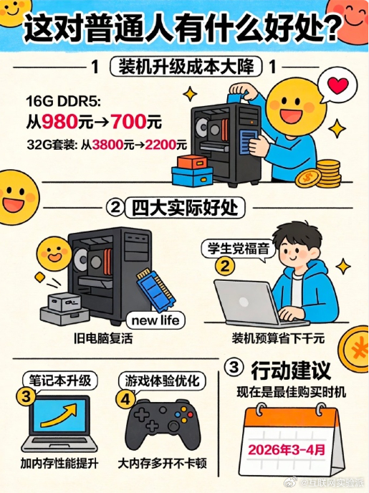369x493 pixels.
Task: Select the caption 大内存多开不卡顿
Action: (x=162, y=463)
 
